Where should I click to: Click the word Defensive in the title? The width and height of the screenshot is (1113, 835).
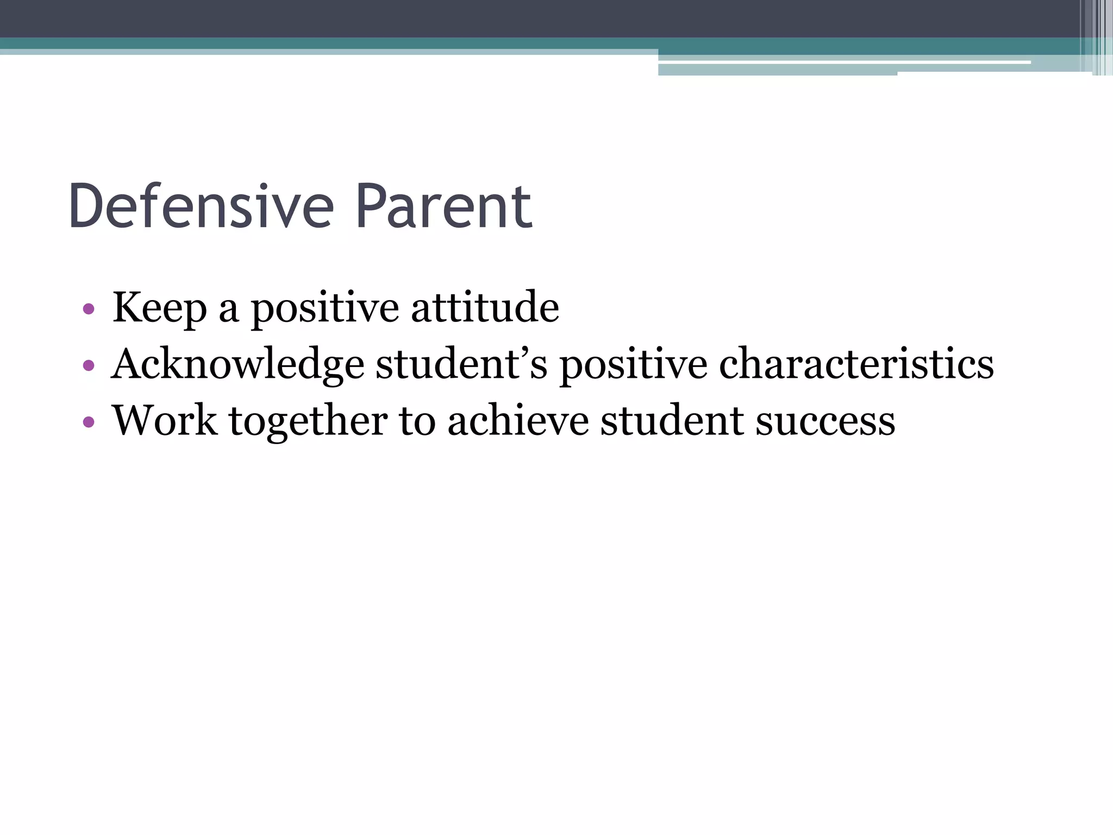[201, 207]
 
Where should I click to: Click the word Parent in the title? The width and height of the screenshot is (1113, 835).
[443, 207]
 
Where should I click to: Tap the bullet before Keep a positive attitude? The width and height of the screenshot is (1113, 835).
[89, 310]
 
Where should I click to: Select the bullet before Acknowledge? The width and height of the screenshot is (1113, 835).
[89, 366]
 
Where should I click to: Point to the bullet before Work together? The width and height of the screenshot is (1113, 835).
[89, 422]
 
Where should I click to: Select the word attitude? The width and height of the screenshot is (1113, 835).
[485, 308]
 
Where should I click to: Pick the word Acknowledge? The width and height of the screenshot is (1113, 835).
[237, 364]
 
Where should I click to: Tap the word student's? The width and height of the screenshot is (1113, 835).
[461, 364]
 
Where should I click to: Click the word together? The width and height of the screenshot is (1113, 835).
[308, 422]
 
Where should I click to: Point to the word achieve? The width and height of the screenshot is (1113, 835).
[518, 421]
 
